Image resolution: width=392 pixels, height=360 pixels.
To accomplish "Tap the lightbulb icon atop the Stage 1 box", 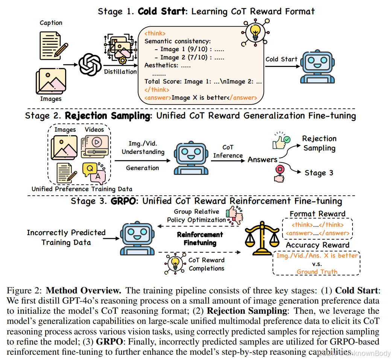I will (255, 32).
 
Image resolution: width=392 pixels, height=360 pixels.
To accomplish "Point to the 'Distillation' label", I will (120, 71).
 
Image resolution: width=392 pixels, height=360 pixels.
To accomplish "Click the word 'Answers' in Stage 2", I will (262, 159).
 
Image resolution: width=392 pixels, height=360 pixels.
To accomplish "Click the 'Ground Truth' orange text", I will (317, 271).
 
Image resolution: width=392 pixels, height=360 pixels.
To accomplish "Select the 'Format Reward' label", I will (317, 214).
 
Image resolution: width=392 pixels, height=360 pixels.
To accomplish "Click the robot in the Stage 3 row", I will (134, 238).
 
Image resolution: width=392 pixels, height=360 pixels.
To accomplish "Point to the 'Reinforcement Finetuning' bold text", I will (200, 238).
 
